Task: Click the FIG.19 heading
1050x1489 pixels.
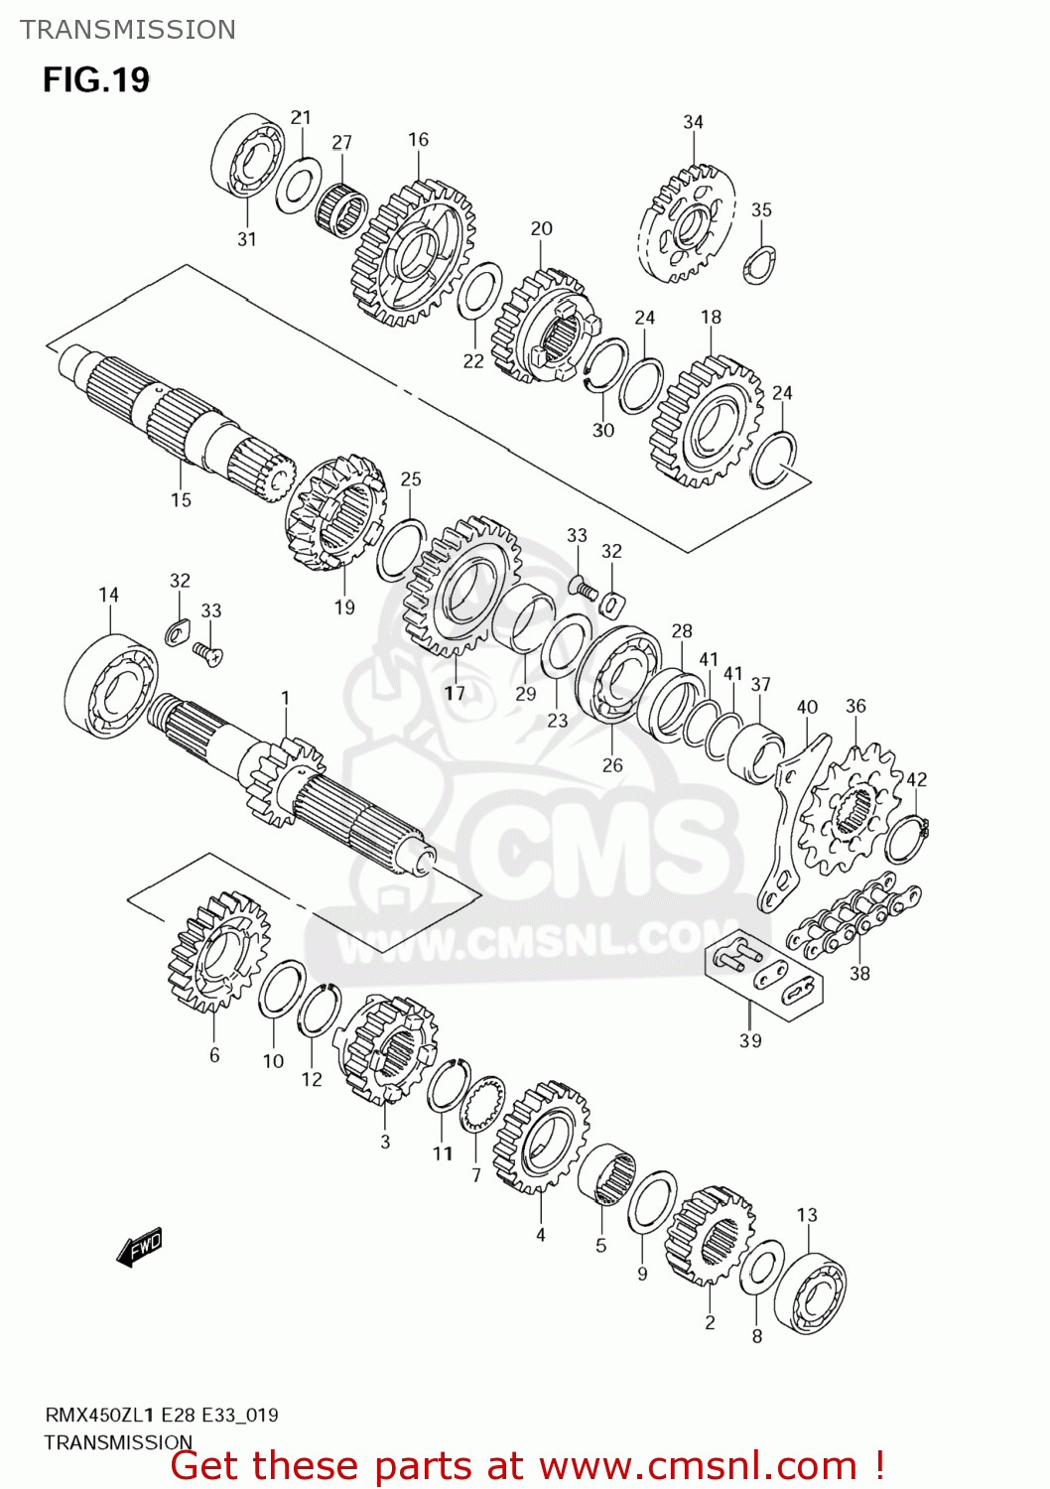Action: pyautogui.click(x=96, y=79)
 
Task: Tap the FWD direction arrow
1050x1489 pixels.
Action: pyautogui.click(x=139, y=1248)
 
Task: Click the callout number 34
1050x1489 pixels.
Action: pyautogui.click(x=693, y=122)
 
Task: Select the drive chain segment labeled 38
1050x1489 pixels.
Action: pyautogui.click(x=853, y=917)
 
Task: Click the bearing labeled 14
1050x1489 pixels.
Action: pyautogui.click(x=110, y=686)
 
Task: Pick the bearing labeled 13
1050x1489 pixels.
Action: pyautogui.click(x=810, y=1293)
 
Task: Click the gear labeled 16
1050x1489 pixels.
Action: pyautogui.click(x=414, y=253)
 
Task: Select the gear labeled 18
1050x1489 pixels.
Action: pyautogui.click(x=707, y=423)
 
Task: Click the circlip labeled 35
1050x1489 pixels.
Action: pyautogui.click(x=760, y=265)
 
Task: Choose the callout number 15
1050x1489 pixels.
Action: pyautogui.click(x=181, y=499)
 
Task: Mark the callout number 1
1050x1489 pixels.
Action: pyautogui.click(x=285, y=698)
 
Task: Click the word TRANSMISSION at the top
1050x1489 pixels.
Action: pyautogui.click(x=128, y=30)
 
